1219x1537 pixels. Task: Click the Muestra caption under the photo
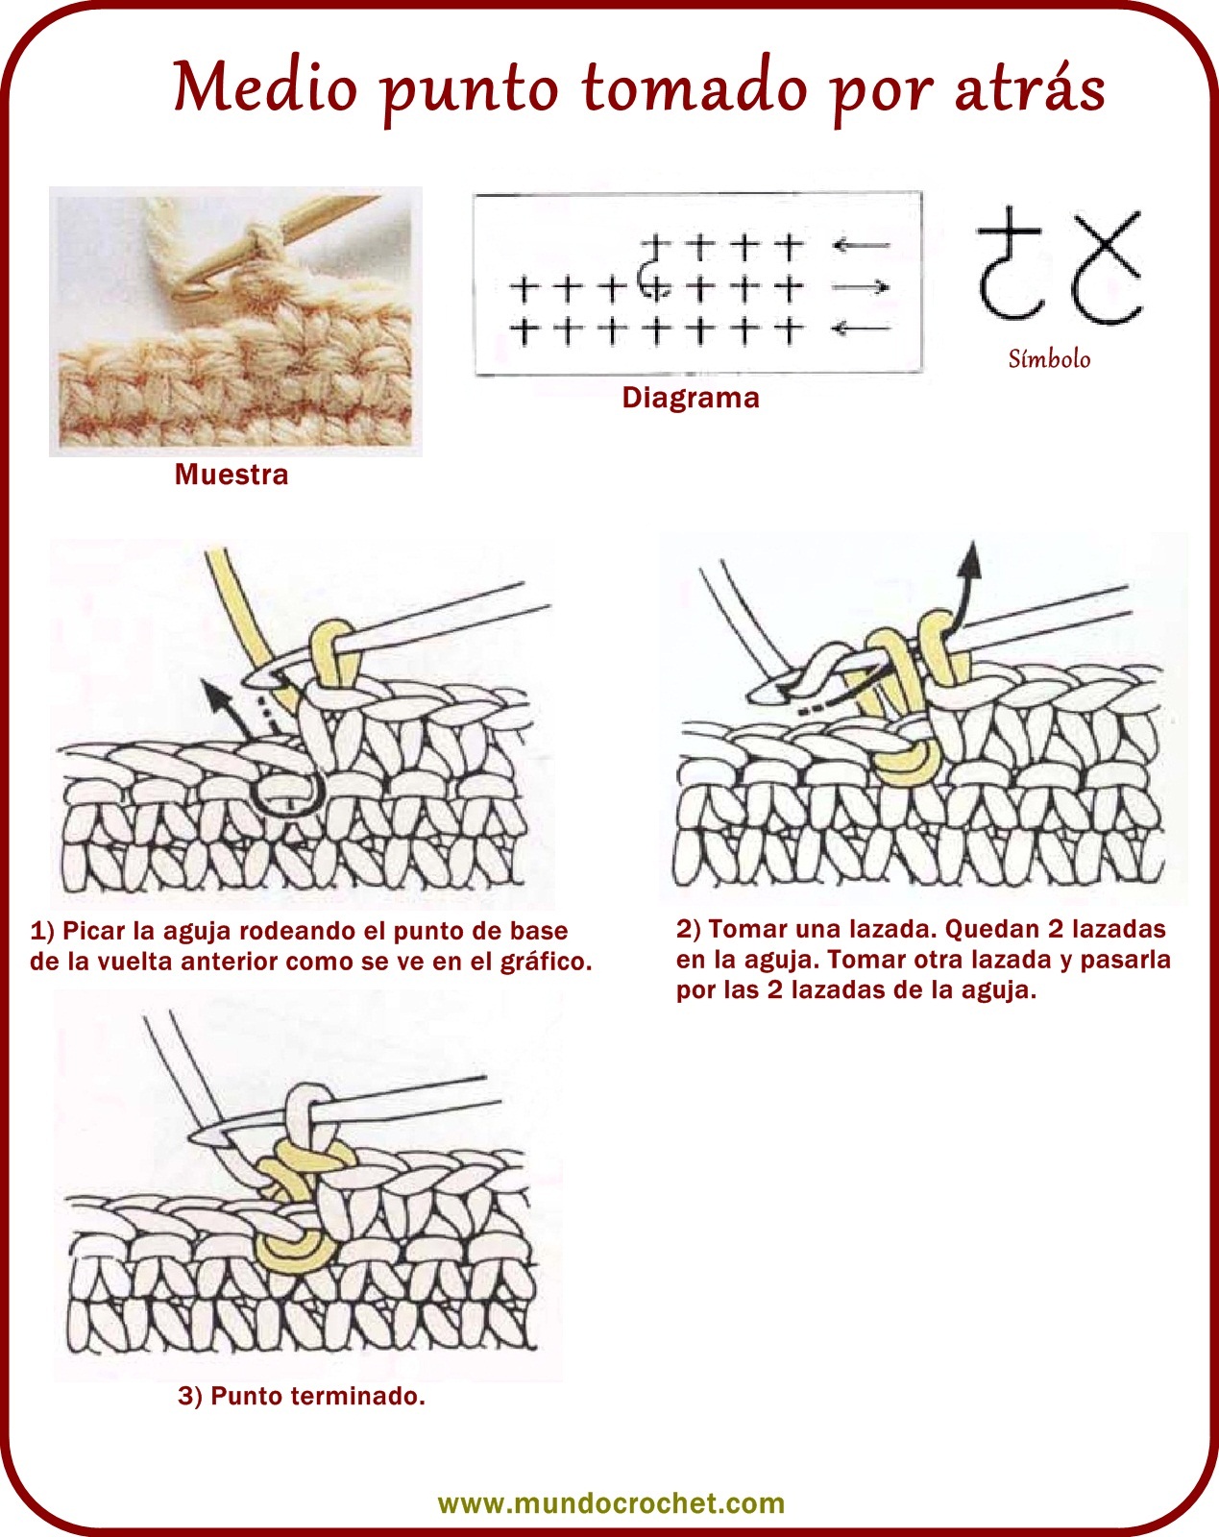232,475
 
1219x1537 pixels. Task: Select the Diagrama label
691,397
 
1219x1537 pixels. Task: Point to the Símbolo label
1049,358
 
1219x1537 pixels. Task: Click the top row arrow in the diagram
862,246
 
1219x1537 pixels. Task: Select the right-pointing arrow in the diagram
862,287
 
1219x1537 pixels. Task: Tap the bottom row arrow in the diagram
862,329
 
